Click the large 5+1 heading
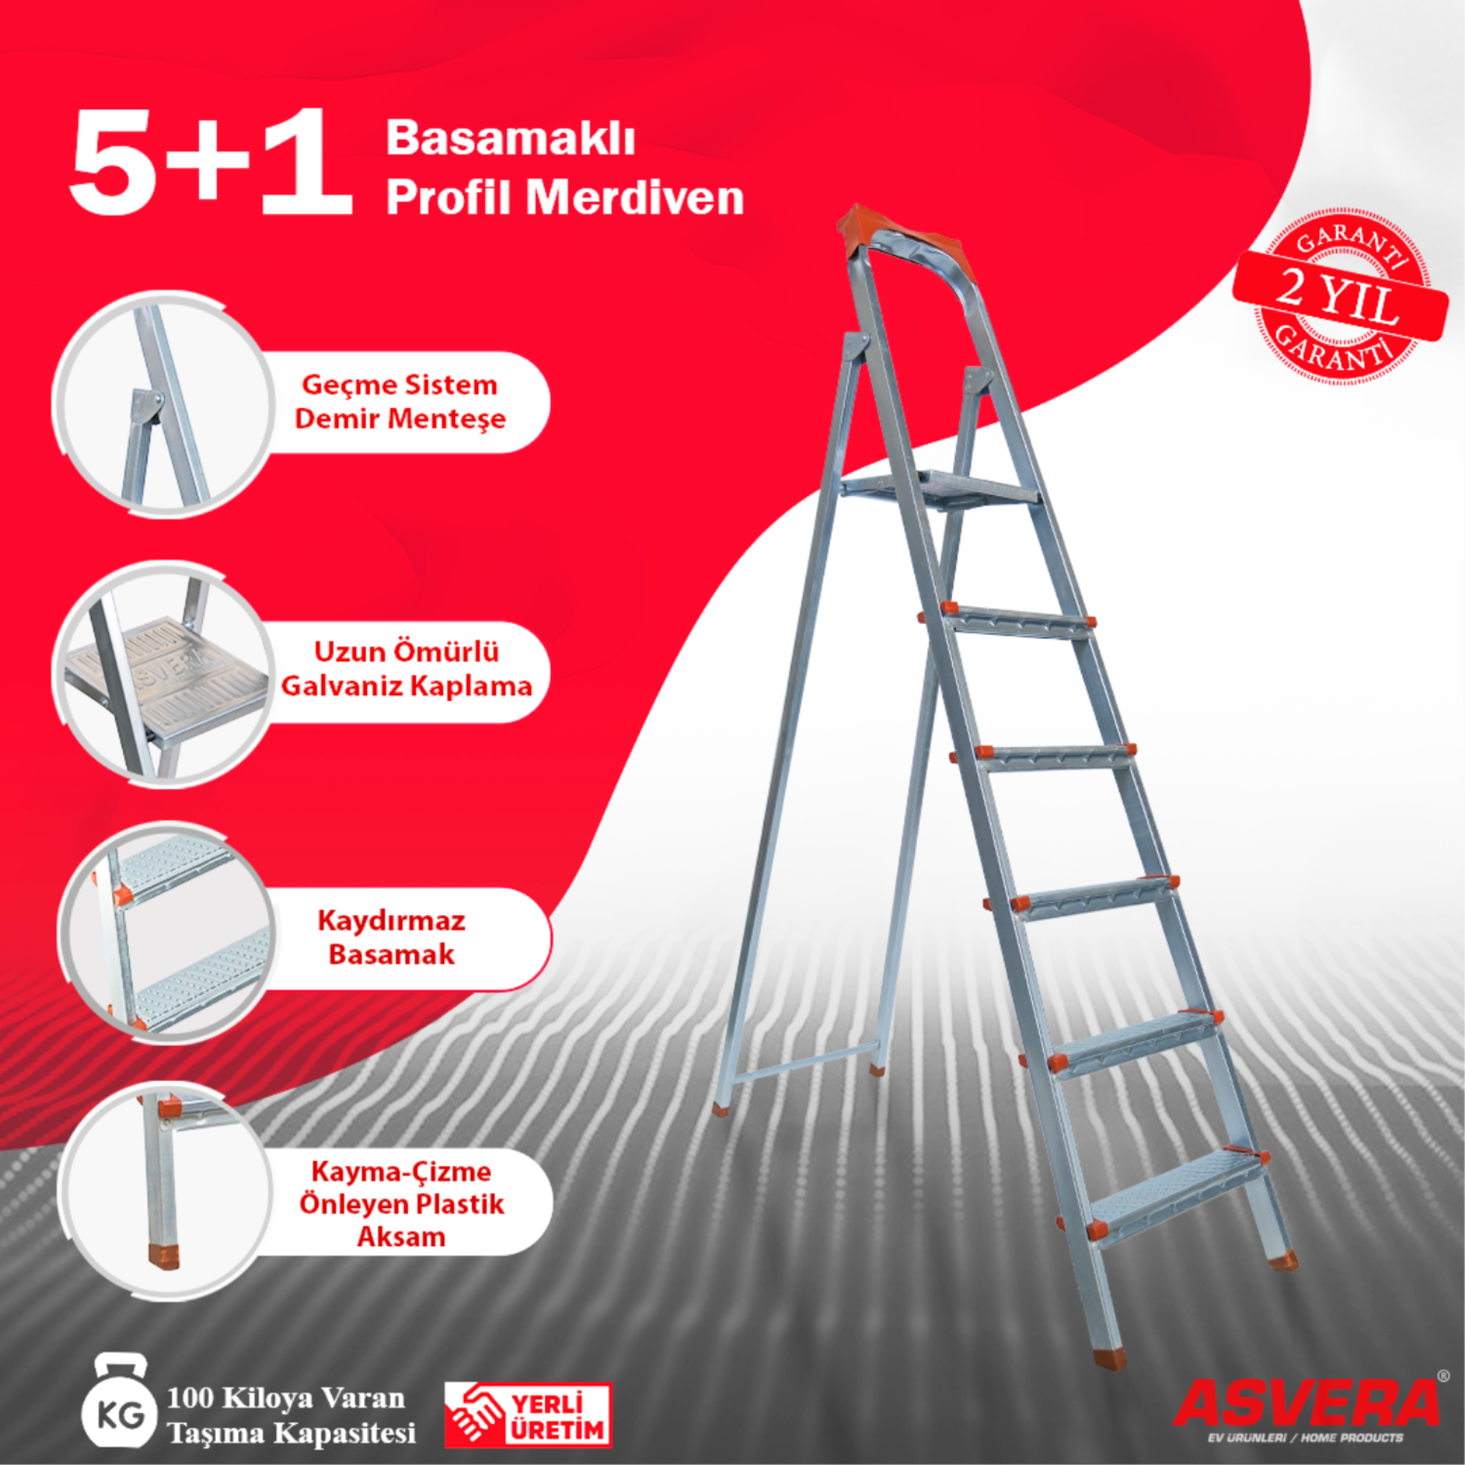pyautogui.click(x=211, y=163)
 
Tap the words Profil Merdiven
pyautogui.click(x=565, y=199)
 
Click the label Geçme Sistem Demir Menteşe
pyautogui.click(x=401, y=402)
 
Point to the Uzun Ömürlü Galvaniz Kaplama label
pyautogui.click(x=407, y=670)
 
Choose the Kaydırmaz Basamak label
pyautogui.click(x=392, y=938)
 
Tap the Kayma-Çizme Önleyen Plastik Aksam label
pyautogui.click(x=401, y=1204)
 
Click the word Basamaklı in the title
pyautogui.click(x=510, y=138)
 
